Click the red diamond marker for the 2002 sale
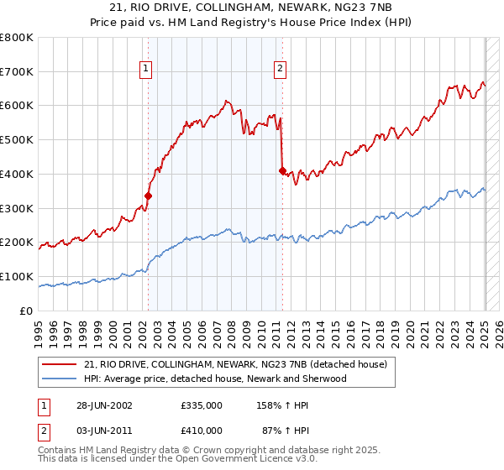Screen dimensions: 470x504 click(148, 196)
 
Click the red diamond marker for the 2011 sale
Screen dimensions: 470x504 click(282, 170)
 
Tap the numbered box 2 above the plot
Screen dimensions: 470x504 click(280, 70)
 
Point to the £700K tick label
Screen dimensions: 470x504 click(17, 71)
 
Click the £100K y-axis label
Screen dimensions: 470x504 click(17, 276)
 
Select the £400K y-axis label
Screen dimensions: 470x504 click(17, 174)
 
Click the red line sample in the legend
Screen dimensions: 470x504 click(59, 364)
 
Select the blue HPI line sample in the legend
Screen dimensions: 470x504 click(59, 379)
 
